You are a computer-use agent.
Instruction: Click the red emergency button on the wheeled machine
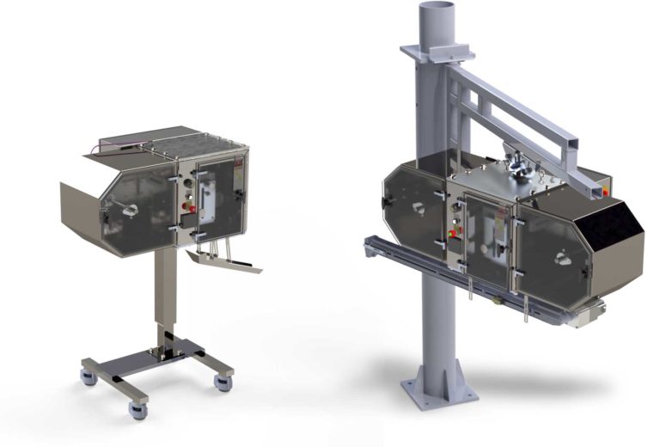[191, 208]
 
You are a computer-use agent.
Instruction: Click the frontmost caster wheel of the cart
[137, 409]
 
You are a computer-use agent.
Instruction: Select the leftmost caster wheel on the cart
[88, 377]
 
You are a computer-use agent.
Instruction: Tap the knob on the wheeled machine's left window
[131, 210]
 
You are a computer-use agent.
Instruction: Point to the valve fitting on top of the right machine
[520, 168]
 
